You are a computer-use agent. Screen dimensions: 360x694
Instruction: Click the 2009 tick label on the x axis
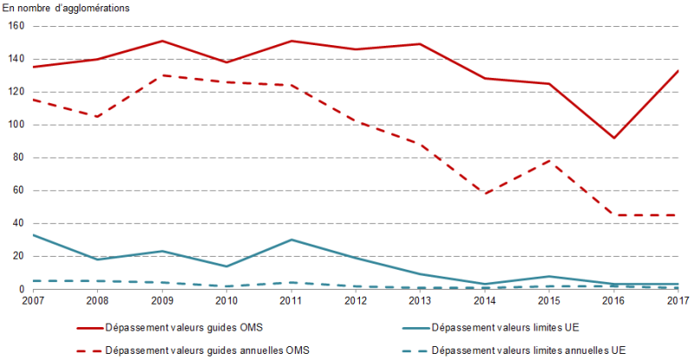[x=161, y=300]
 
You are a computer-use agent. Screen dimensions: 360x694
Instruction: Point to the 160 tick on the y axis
[x=15, y=26]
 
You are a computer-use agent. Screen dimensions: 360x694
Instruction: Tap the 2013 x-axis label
[x=419, y=300]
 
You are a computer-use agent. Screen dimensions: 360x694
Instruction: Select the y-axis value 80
[x=17, y=158]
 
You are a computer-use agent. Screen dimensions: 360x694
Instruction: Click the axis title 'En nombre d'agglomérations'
[x=67, y=8]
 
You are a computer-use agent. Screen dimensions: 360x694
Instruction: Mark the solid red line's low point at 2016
[x=613, y=138]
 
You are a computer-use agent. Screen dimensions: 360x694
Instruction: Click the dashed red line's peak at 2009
[x=161, y=75]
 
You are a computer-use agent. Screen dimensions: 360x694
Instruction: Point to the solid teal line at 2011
[x=291, y=239]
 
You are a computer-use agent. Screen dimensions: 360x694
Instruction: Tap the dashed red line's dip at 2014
[x=484, y=193]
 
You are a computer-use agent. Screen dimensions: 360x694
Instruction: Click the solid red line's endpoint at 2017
[x=678, y=70]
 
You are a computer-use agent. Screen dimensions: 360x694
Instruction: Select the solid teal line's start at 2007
[x=33, y=235]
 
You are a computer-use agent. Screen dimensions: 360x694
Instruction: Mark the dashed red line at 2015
[x=548, y=160]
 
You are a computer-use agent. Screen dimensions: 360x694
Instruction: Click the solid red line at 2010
[x=226, y=62]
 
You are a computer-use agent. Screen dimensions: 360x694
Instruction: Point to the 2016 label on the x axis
[x=613, y=300]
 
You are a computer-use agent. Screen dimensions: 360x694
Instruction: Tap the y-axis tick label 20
[x=17, y=257]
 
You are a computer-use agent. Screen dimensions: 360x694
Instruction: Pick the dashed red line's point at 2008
[x=97, y=116]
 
